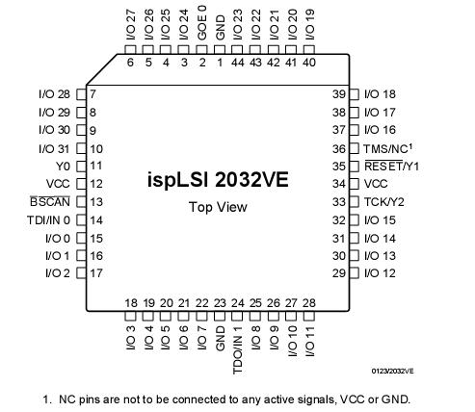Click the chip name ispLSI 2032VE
click(217, 180)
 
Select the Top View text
click(217, 207)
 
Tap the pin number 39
click(338, 94)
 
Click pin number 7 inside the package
click(92, 94)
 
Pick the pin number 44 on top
click(237, 63)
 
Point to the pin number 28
click(308, 303)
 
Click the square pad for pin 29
click(354, 273)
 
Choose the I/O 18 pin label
click(383, 94)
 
